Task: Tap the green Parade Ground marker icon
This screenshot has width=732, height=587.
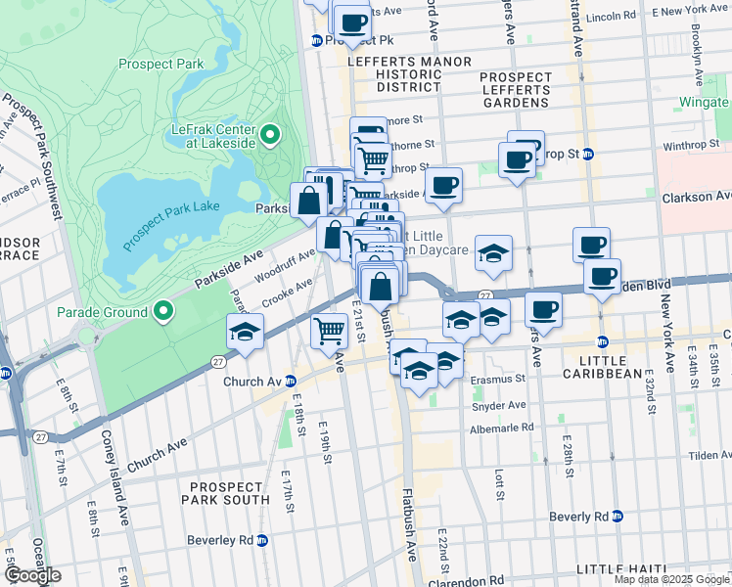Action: (x=164, y=313)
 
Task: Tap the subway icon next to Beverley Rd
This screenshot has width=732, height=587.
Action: (x=262, y=539)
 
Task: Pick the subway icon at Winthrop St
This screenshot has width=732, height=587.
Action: (x=588, y=154)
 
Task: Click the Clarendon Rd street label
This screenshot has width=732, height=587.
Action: (x=471, y=578)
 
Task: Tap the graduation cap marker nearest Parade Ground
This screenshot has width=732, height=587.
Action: (x=245, y=332)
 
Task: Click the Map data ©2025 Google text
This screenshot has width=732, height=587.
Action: (x=670, y=579)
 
